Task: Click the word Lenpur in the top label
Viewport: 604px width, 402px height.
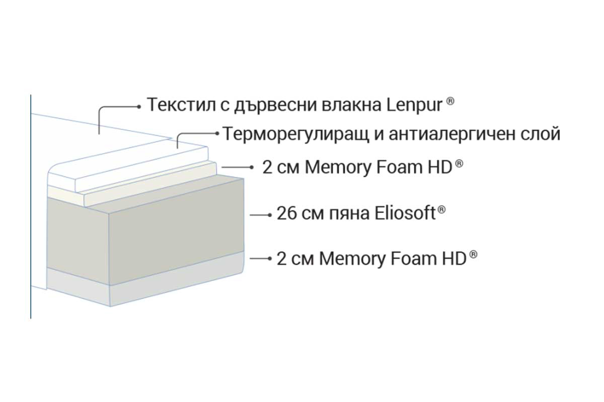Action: [x=415, y=106]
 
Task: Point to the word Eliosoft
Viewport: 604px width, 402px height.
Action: [x=405, y=213]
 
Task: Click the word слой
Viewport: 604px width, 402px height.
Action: [x=541, y=134]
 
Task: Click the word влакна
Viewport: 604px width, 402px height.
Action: [x=351, y=105]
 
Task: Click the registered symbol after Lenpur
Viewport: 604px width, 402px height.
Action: [x=450, y=101]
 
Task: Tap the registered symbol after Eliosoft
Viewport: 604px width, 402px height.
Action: [x=441, y=210]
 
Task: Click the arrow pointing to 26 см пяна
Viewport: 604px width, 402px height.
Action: [x=261, y=215]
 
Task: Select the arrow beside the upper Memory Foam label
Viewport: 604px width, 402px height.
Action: [x=238, y=167]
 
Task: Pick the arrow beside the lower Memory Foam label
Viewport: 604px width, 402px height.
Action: [x=261, y=258]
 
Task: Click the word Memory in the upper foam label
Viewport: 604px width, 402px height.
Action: [x=338, y=168]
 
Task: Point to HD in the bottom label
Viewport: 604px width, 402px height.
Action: [x=455, y=259]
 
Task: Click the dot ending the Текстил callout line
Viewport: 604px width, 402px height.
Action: [x=139, y=107]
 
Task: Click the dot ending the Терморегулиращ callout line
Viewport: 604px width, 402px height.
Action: [x=217, y=133]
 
